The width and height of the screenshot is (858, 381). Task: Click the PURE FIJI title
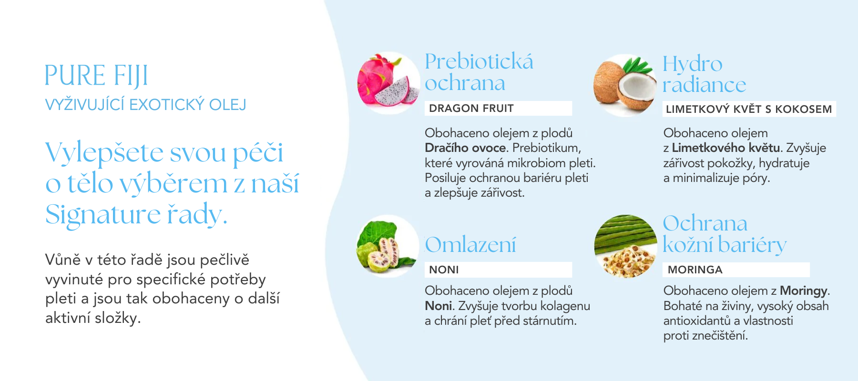[96, 75]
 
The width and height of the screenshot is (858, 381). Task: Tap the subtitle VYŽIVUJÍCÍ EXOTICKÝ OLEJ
[145, 104]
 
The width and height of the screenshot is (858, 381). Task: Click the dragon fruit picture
[388, 83]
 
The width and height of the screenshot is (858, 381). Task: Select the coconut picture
[625, 85]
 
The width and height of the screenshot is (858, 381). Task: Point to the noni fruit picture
[388, 246]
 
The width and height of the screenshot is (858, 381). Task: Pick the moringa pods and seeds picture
[626, 246]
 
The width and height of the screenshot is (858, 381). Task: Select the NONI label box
[498, 270]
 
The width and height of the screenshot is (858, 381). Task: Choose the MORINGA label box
[736, 270]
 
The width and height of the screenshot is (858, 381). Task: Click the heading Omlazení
[470, 245]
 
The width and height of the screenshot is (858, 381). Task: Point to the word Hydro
[693, 64]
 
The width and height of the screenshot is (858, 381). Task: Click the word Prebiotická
[479, 61]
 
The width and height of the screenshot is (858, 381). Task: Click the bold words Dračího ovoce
[465, 148]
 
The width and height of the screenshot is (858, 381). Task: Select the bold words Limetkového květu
[726, 148]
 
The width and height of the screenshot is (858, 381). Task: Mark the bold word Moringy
[804, 291]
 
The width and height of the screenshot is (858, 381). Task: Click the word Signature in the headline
[103, 215]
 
